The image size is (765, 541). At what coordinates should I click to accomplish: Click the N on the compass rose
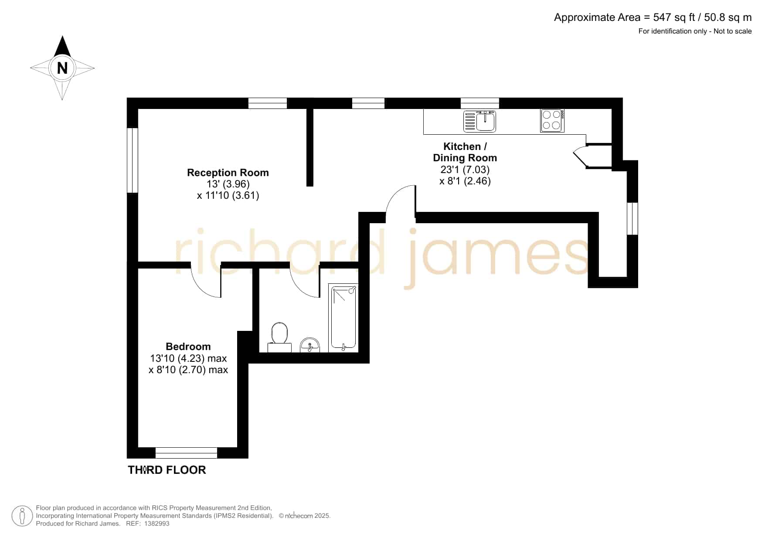62,68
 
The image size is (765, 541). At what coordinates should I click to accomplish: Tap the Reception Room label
228,173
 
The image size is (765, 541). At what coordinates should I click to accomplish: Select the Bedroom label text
188,347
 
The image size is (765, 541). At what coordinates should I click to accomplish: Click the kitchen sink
479,121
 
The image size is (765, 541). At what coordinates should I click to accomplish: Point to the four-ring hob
552,120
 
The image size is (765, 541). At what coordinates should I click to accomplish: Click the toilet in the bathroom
279,337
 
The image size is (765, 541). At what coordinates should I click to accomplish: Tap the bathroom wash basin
310,345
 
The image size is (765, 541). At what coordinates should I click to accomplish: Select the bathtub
343,317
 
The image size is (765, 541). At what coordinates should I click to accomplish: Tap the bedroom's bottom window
186,453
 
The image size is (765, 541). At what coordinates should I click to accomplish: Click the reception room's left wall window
133,160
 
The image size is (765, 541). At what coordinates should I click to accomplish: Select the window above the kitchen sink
479,103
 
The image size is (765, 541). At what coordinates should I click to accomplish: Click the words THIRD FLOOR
167,470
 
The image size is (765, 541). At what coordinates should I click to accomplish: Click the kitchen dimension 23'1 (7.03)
465,169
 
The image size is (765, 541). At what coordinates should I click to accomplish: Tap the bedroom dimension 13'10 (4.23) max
188,358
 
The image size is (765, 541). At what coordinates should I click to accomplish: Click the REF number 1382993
156,524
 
